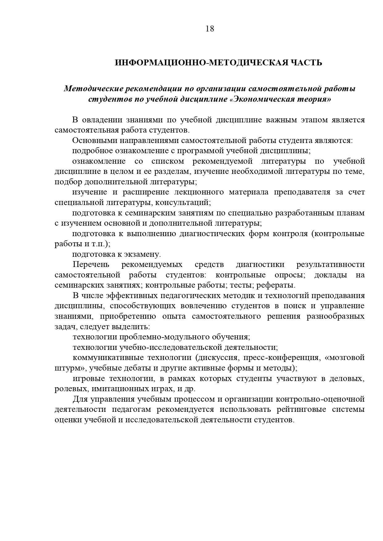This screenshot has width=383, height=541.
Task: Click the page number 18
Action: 210,29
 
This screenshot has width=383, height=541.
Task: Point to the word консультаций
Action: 182,203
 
